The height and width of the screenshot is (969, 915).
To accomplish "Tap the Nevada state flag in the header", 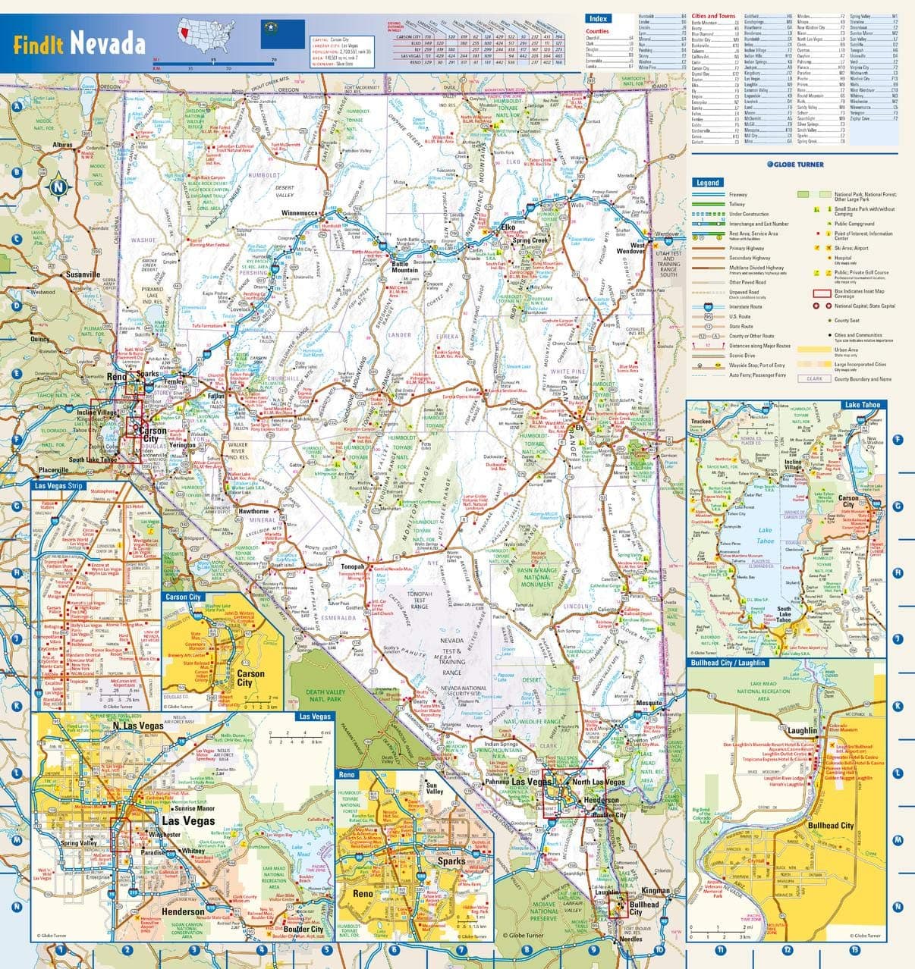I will (x=272, y=34).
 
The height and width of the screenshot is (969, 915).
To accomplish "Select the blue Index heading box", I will (x=597, y=18).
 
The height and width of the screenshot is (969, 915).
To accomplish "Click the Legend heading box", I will (x=708, y=182).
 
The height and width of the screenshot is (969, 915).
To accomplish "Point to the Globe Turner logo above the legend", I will (x=793, y=165).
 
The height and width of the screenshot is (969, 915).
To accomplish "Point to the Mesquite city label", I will (x=649, y=703).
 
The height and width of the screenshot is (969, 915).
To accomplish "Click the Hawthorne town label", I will (x=254, y=511).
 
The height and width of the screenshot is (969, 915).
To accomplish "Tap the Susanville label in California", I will (x=83, y=274).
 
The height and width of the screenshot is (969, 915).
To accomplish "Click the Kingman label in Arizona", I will (x=656, y=890).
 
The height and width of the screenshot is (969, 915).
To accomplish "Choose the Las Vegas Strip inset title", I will (x=59, y=486).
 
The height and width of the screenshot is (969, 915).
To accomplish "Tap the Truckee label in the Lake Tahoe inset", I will (x=700, y=422).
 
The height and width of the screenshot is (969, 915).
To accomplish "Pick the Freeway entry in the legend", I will (x=737, y=195).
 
